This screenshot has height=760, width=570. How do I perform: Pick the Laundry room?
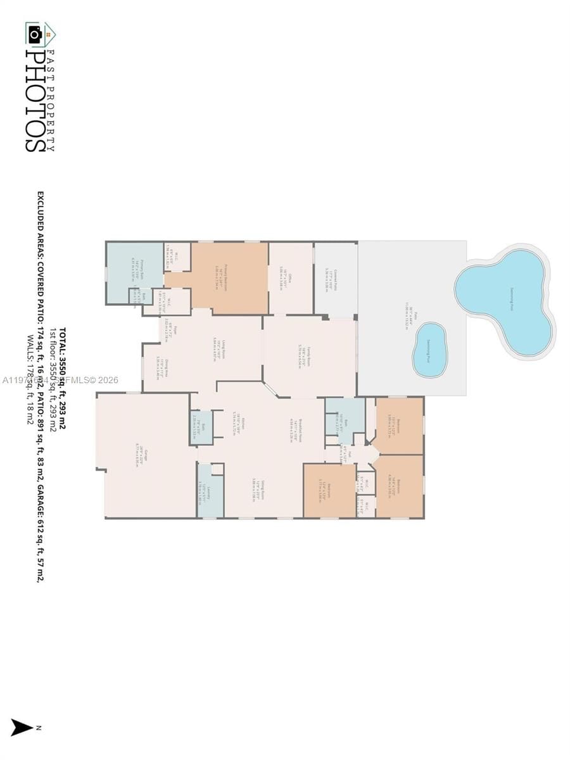210,491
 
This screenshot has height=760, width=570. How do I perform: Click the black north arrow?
22,728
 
